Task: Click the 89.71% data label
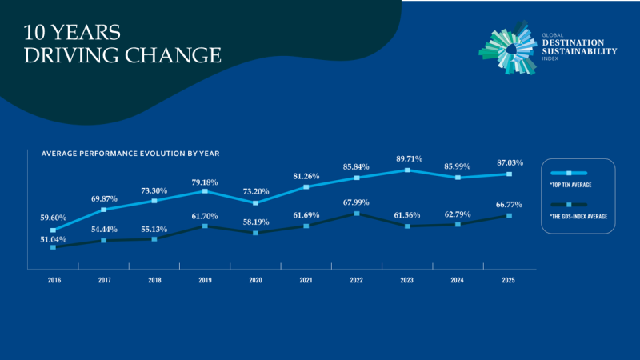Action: click(x=406, y=158)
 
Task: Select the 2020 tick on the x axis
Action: click(x=256, y=280)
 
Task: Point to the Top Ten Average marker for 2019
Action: click(x=205, y=191)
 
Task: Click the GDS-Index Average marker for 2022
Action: click(x=357, y=214)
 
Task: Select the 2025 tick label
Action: click(x=508, y=280)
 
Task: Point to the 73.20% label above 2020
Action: click(x=256, y=192)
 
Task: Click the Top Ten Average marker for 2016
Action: click(x=53, y=230)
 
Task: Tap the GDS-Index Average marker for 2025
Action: click(x=508, y=215)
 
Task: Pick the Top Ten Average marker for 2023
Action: click(x=407, y=170)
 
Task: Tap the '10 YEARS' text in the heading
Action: click(x=71, y=33)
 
